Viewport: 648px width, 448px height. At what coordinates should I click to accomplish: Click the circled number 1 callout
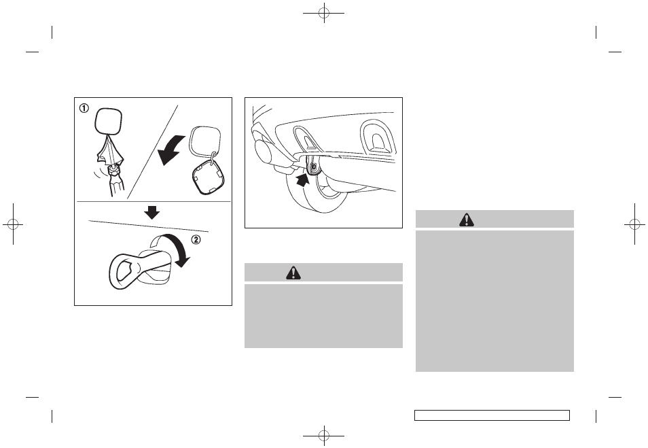(x=84, y=108)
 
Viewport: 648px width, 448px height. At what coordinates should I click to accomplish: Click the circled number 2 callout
(x=196, y=239)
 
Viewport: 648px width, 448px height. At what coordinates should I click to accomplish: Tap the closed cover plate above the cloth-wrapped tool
(x=108, y=121)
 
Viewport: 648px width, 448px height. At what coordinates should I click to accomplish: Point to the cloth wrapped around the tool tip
(x=110, y=150)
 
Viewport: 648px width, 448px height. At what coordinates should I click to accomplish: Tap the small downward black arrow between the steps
(x=152, y=213)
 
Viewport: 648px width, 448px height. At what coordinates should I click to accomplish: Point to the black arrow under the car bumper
(x=304, y=181)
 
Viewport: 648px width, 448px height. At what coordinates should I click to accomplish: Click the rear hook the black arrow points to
(x=313, y=166)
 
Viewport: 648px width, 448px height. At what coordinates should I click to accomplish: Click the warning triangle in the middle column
(x=293, y=273)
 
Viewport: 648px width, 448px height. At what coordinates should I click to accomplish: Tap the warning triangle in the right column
(x=467, y=220)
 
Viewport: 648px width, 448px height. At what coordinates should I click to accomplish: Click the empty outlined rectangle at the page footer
(x=492, y=415)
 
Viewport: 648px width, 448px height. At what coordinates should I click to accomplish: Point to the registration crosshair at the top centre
(x=324, y=13)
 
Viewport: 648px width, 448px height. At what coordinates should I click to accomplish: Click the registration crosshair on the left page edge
(x=13, y=224)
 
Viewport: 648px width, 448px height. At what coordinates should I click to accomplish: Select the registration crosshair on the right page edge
(x=635, y=224)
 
